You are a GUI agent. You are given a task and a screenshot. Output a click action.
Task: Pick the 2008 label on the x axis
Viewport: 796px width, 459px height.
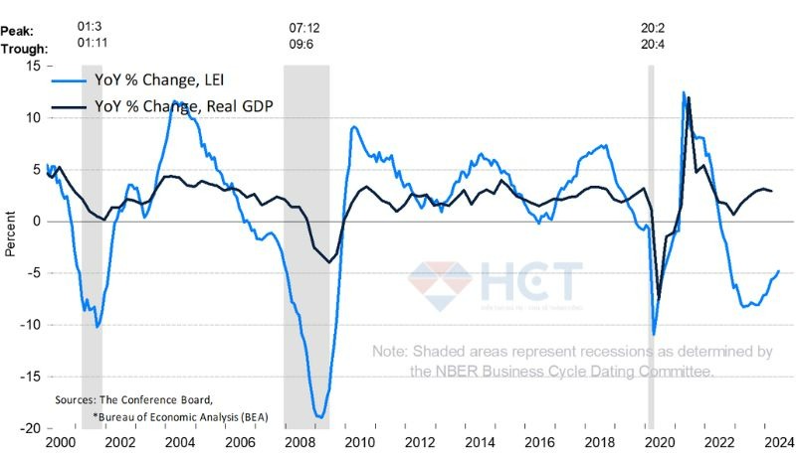tap(298, 444)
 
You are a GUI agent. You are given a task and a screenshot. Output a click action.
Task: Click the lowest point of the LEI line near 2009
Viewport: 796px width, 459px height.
tap(319, 417)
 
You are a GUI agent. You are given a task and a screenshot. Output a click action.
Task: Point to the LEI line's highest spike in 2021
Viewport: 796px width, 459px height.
tap(684, 92)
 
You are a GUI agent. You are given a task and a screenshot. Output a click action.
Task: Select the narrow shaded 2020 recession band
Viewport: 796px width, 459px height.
tap(651, 248)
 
